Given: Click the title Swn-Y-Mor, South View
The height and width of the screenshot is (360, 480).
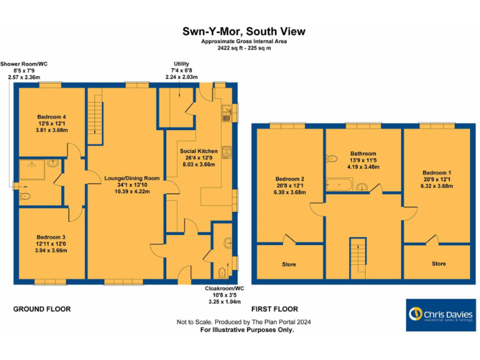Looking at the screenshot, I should pyautogui.click(x=244, y=31).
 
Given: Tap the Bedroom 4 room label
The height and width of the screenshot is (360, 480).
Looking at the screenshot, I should pyautogui.click(x=51, y=117).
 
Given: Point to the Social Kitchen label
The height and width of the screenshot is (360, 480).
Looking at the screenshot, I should pyautogui.click(x=199, y=151).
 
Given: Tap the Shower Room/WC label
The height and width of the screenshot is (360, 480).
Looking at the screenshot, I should pyautogui.click(x=24, y=64).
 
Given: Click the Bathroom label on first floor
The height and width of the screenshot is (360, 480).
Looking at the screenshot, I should pyautogui.click(x=363, y=153).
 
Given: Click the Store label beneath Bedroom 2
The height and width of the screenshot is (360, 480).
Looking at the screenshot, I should pyautogui.click(x=289, y=264).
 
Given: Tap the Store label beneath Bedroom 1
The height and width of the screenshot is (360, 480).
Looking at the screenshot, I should pyautogui.click(x=439, y=264).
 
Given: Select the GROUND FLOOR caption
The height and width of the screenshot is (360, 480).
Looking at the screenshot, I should pyautogui.click(x=42, y=309).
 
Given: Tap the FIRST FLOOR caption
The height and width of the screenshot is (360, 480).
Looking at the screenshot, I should pyautogui.click(x=274, y=309).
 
